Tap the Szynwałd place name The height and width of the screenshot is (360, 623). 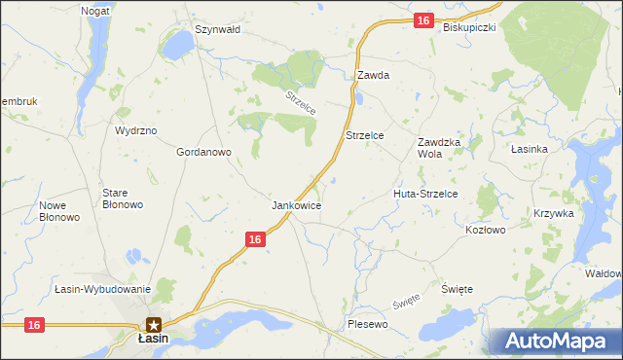[x=217, y=29]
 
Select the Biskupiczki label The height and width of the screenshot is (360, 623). [x=469, y=27]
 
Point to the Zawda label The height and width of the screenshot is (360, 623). [x=373, y=75]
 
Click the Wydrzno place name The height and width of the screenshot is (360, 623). [x=135, y=129]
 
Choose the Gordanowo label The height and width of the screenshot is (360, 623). [x=203, y=153]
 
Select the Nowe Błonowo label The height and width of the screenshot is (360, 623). [x=59, y=211]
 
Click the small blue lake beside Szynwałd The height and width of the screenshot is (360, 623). [x=178, y=45]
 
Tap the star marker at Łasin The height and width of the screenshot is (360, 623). [x=153, y=324]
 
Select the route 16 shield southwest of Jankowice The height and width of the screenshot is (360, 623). [x=255, y=238]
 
